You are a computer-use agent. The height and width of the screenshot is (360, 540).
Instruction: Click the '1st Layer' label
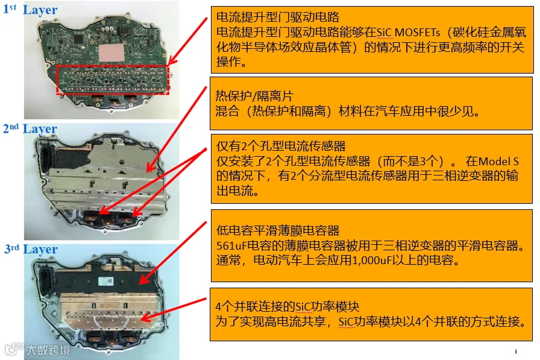pyautogui.click(x=30, y=10)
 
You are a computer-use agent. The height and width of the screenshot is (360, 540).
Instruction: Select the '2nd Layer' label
pyautogui.click(x=30, y=129)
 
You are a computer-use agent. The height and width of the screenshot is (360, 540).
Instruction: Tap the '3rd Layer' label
pyautogui.click(x=31, y=249)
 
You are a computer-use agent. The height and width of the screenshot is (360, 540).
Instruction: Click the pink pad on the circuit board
pyautogui.click(x=111, y=52)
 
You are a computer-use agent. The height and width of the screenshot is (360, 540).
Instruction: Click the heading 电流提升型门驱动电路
pyautogui.click(x=278, y=17)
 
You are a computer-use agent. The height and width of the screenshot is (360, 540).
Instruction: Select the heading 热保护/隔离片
pyautogui.click(x=254, y=95)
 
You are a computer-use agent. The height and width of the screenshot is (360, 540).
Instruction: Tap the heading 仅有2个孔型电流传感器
pyautogui.click(x=281, y=146)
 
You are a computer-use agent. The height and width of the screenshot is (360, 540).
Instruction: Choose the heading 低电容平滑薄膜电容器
pyautogui.click(x=278, y=230)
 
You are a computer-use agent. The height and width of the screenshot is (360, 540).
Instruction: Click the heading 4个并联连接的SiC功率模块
pyautogui.click(x=287, y=306)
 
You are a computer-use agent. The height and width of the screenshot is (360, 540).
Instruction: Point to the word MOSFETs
pyautogui.click(x=418, y=32)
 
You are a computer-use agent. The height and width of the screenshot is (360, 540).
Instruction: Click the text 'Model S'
pyautogui.click(x=498, y=161)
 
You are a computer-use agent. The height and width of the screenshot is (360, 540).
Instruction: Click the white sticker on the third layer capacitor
pyautogui.click(x=105, y=281)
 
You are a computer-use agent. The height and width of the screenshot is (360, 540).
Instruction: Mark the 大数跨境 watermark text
pyautogui.click(x=48, y=350)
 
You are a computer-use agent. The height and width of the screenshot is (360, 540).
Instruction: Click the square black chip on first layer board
pyautogui.click(x=78, y=39)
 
